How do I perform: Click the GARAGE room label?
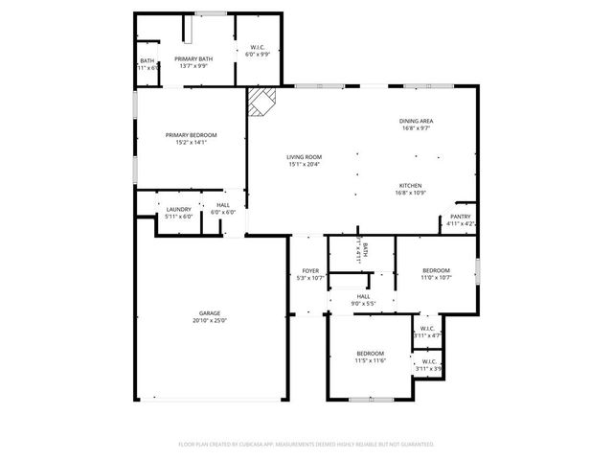(x=210, y=313)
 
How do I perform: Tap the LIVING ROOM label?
(x=305, y=157)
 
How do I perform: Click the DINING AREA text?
(x=417, y=121)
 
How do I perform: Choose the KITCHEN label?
(x=410, y=186)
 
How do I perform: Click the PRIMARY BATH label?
(x=193, y=58)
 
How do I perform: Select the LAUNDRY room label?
(x=178, y=209)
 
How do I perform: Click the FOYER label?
(x=310, y=271)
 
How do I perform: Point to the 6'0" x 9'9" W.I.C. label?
(x=258, y=55)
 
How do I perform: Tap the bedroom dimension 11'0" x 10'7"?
(x=436, y=278)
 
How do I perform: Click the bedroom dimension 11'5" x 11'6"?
(x=371, y=360)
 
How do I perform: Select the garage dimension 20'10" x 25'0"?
(x=210, y=320)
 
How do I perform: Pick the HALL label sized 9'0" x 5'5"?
(x=364, y=296)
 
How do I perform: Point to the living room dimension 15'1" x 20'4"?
(x=305, y=164)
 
